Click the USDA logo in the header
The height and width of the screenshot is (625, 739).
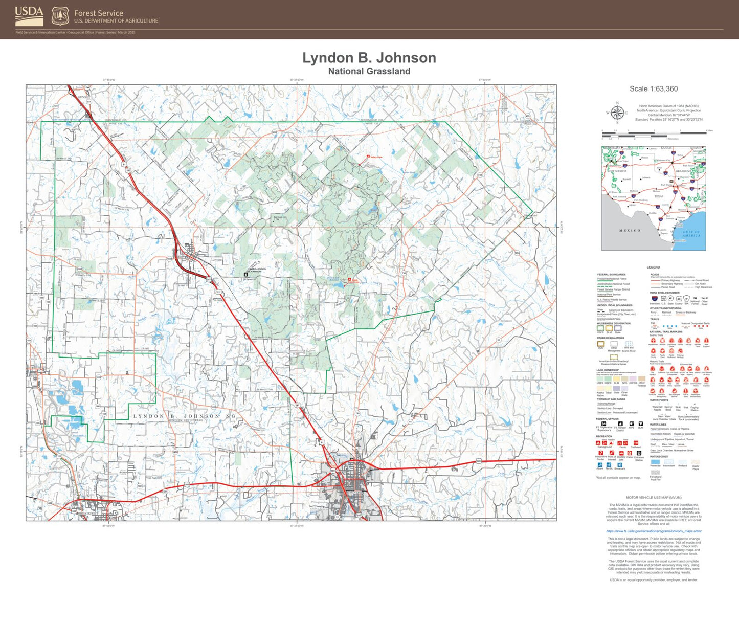pyautogui.click(x=29, y=16)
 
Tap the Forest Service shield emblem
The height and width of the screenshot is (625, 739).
pyautogui.click(x=60, y=16)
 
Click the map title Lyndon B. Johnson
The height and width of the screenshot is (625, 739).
pyautogui.click(x=369, y=58)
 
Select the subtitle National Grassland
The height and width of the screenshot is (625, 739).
pyautogui.click(x=369, y=71)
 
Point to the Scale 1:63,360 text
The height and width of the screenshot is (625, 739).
pyautogui.click(x=653, y=89)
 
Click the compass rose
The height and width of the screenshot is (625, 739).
pyautogui.click(x=617, y=113)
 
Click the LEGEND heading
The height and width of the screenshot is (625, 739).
pyautogui.click(x=653, y=267)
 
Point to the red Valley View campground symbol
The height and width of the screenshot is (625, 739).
pyautogui.click(x=368, y=157)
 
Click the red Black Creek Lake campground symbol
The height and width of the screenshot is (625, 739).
pyautogui.click(x=350, y=280)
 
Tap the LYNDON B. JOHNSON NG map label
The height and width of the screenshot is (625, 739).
pyautogui.click(x=185, y=416)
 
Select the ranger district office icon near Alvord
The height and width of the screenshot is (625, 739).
pyautogui.click(x=246, y=275)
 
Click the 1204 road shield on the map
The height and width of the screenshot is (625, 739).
pyautogui.click(x=517, y=253)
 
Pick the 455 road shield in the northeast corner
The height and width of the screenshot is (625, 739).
pyautogui.click(x=528, y=116)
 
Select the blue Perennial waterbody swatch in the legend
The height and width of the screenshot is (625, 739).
pyautogui.click(x=655, y=461)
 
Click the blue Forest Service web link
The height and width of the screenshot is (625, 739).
pyautogui.click(x=653, y=531)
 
